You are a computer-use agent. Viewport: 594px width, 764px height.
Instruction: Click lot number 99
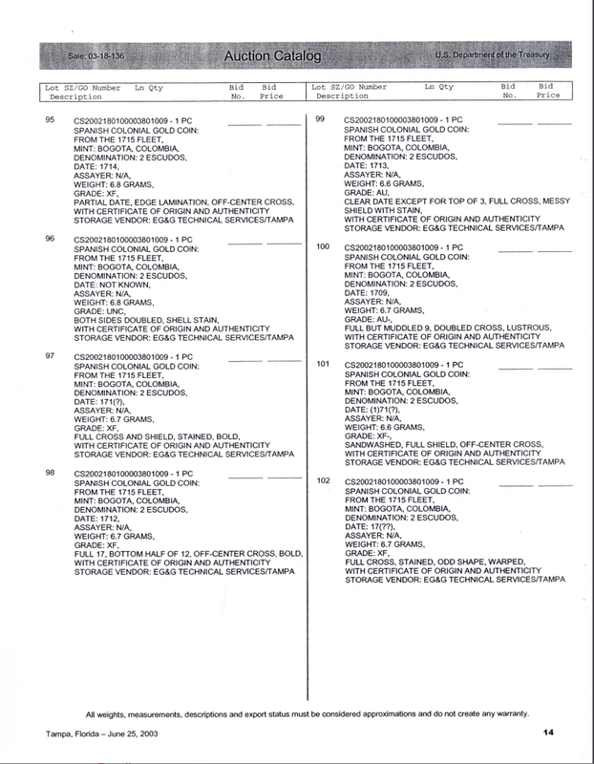pos(321,119)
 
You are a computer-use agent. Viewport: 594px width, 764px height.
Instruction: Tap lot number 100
pos(322,246)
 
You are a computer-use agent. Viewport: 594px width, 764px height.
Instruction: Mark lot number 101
pos(322,364)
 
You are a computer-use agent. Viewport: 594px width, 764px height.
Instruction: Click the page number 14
pos(549,732)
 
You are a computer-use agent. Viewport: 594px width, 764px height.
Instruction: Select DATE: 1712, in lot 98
pos(96,520)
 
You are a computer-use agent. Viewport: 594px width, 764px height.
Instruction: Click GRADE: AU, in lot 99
pos(368,192)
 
